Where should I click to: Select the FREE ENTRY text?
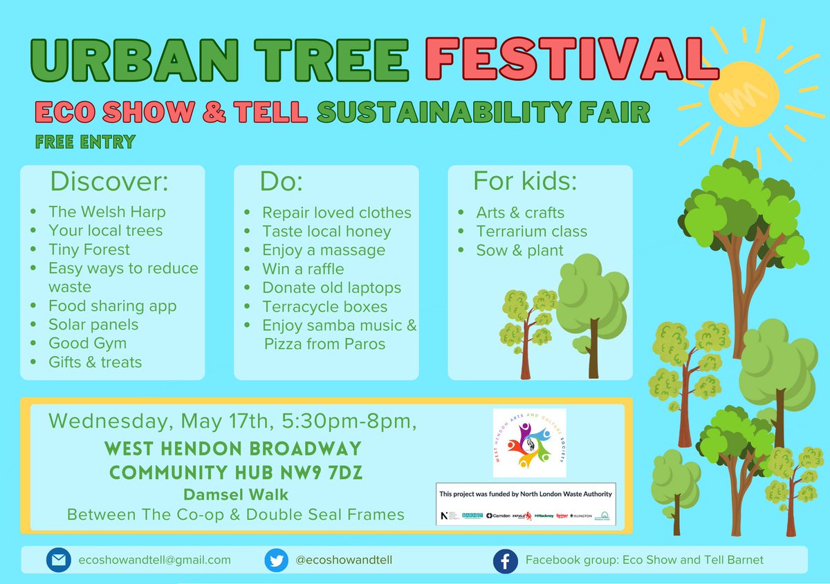84,142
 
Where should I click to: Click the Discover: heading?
109,182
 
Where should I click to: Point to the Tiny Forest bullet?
89,249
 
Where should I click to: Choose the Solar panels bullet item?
93,324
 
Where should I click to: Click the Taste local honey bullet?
326,232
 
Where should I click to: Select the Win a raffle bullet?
302,269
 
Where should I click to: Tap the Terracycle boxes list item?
324,306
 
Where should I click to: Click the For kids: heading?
524,181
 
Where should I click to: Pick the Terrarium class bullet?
531,232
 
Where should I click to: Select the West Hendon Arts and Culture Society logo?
529,442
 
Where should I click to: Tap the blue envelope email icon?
58,560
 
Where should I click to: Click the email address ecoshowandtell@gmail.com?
154,560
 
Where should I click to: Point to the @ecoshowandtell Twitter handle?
344,560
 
